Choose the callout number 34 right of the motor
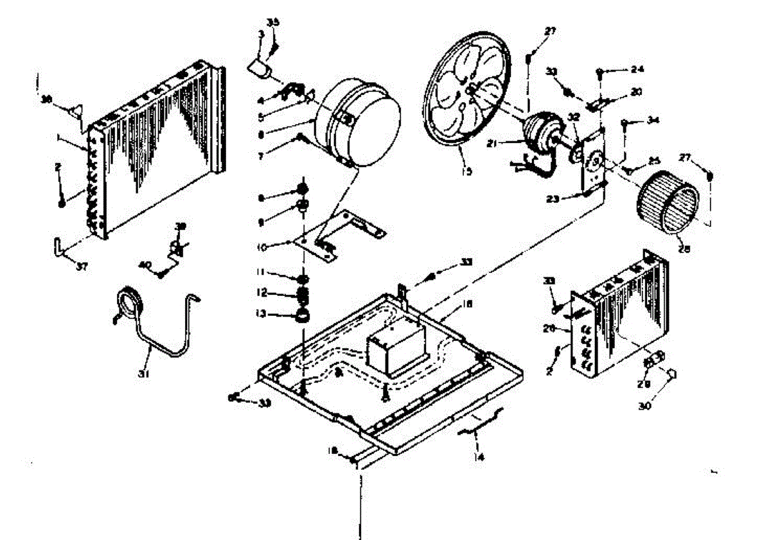click(x=653, y=120)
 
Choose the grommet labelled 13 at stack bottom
click(x=302, y=315)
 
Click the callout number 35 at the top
click(x=274, y=22)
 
